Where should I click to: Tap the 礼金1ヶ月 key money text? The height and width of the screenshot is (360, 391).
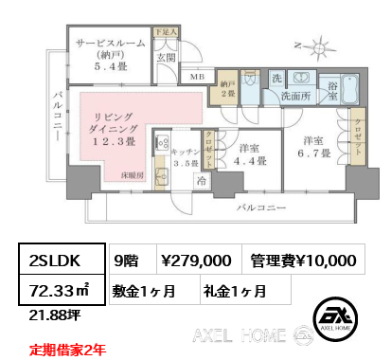[234, 289]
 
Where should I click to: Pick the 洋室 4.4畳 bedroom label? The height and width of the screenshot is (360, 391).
[249, 153]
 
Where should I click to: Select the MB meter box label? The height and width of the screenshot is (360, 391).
[197, 78]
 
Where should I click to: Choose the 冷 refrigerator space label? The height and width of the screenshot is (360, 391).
[201, 179]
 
